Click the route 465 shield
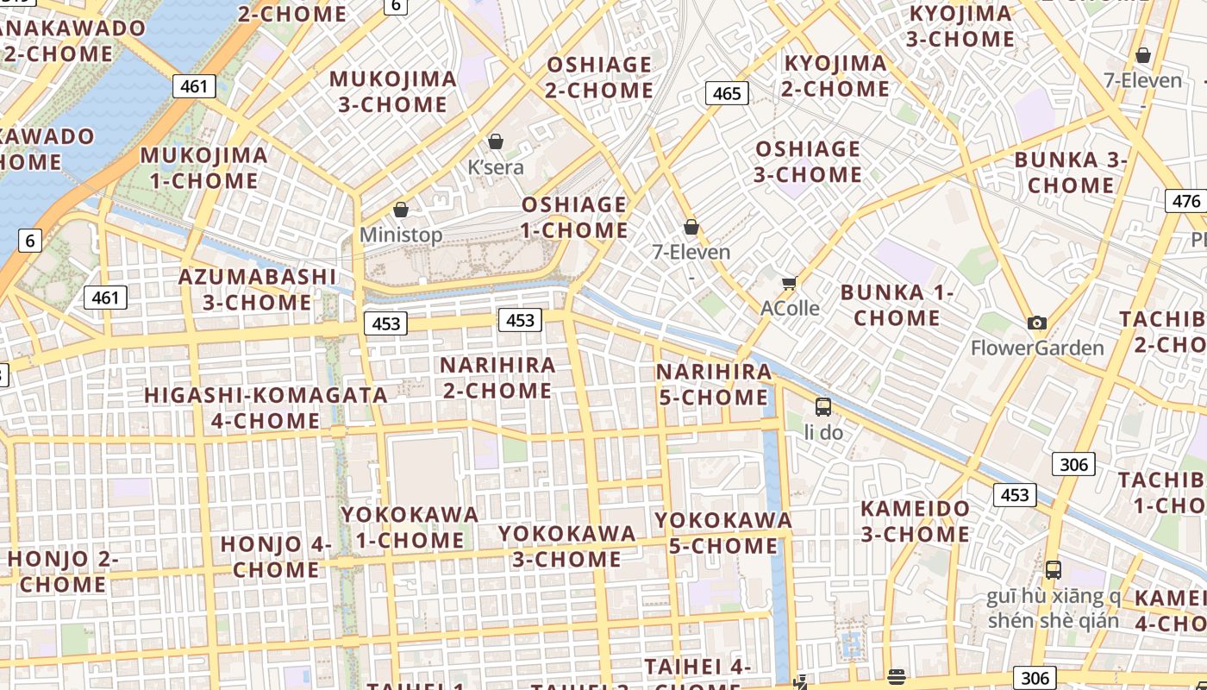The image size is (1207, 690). [x=727, y=93]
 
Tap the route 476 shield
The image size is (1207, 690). [x=1186, y=201]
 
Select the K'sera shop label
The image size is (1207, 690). [x=496, y=166]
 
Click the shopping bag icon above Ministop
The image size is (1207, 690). [x=400, y=210]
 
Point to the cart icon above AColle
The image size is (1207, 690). [x=789, y=283]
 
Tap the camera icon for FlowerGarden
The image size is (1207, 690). [x=1037, y=323]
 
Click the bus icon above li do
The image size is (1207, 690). [x=823, y=407]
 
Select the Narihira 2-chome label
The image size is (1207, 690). [x=497, y=378]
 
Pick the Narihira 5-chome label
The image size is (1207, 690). [x=714, y=385]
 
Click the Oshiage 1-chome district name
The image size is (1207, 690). [x=574, y=217]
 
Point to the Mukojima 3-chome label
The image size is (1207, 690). [x=393, y=91]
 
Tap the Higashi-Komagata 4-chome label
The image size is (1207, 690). [x=266, y=408]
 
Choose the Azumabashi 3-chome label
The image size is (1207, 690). [x=257, y=290]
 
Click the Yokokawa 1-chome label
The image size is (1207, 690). [x=410, y=527]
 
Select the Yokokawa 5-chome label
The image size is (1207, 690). [x=723, y=533]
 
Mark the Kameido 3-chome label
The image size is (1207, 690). [x=915, y=521]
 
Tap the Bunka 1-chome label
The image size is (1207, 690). [x=897, y=305]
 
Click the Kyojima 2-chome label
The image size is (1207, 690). [x=835, y=76]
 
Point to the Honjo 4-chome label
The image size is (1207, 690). [x=276, y=557]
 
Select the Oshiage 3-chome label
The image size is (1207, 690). [x=808, y=162]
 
